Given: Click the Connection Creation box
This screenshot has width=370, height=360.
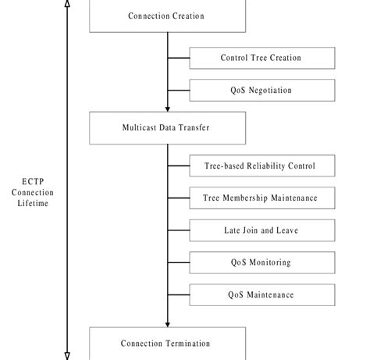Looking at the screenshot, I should click(167, 16).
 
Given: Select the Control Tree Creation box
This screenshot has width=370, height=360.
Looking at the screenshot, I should click(261, 58).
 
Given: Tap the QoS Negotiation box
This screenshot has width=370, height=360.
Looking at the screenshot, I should click(261, 91).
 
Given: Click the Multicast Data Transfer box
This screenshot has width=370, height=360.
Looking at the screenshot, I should click(167, 127).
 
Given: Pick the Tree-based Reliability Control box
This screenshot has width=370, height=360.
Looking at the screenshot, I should click(261, 166).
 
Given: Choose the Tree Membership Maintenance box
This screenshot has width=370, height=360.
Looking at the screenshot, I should click(261, 198).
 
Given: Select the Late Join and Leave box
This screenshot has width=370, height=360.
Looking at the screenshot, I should click(261, 230).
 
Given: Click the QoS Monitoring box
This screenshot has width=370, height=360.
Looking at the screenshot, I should click(261, 262).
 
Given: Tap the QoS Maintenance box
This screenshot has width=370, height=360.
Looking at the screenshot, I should click(261, 294).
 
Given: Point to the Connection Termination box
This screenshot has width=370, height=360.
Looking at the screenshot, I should click(167, 344).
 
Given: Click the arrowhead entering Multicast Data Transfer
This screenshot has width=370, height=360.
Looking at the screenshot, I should click(168, 109).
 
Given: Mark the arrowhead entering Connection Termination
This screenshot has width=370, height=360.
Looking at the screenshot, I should click(168, 323).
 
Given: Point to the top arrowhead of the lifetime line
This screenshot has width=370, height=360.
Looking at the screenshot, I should click(67, 4).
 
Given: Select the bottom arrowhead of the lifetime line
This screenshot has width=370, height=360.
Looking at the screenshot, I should click(67, 355).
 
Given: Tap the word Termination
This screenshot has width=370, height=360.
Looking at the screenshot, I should click(188, 344).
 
